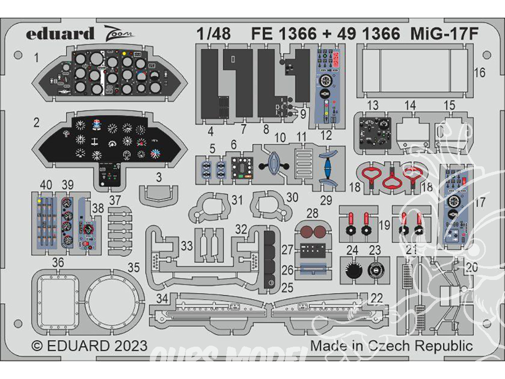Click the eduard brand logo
[60, 34]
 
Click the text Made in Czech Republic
[391, 346]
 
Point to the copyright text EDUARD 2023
[89, 346]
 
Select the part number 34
[161, 299]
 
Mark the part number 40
[46, 185]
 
